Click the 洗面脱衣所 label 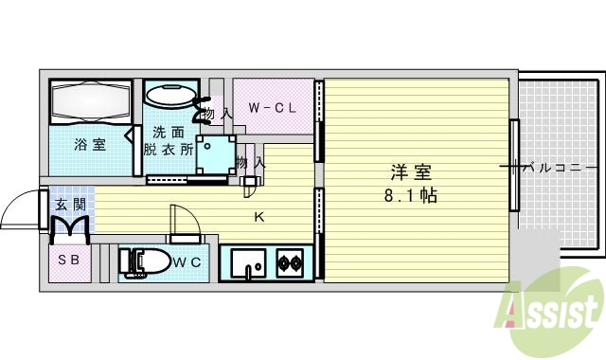coord(168,141)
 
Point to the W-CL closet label coord(273,108)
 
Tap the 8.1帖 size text coord(411,197)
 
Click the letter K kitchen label coord(258,217)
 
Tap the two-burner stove coord(290,261)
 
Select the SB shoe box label coord(68,260)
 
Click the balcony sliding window coord(514,166)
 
